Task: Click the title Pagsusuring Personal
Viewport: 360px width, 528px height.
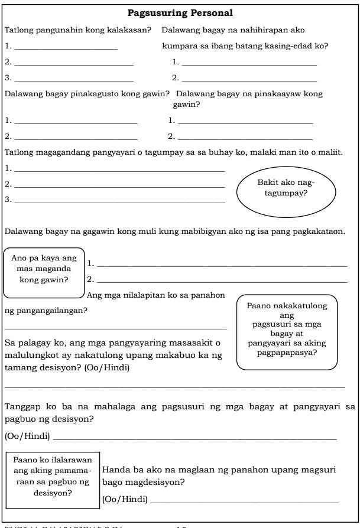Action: tap(180, 12)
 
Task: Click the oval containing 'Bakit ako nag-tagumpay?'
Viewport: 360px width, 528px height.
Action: tap(286, 188)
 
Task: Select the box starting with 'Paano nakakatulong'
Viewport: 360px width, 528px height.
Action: tap(287, 331)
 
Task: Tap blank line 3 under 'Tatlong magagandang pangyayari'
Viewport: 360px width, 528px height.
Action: tap(119, 203)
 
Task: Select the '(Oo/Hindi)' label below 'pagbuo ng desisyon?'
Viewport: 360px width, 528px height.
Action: tap(27, 437)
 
